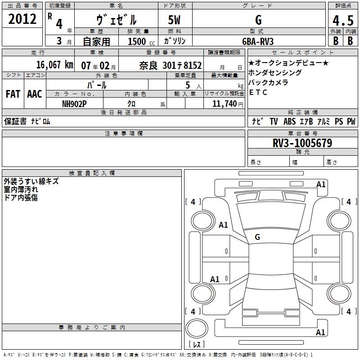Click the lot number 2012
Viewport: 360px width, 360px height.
click(22, 19)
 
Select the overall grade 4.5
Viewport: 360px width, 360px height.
click(343, 21)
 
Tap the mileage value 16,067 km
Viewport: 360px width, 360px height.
click(55, 65)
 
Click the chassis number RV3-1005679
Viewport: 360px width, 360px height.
click(302, 143)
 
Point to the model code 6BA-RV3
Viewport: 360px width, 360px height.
click(258, 41)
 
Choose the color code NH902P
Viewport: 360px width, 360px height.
click(74, 104)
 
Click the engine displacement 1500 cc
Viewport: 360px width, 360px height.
click(141, 41)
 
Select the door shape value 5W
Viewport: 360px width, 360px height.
click(174, 20)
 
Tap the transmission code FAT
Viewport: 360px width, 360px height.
click(13, 94)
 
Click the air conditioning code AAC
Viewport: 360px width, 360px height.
click(35, 94)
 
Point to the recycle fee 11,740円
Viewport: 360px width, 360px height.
click(228, 104)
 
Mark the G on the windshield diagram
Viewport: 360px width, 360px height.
click(257, 237)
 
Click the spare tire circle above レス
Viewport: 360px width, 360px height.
click(197, 328)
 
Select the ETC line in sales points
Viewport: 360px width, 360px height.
click(258, 92)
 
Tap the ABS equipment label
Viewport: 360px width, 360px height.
click(289, 121)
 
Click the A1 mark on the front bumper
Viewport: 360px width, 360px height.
click(321, 184)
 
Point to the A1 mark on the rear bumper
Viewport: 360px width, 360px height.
click(320, 332)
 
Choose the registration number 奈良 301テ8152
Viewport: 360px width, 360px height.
click(171, 66)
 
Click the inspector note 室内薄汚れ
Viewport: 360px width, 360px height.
click(21, 189)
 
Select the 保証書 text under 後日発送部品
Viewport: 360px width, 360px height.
click(15, 121)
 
